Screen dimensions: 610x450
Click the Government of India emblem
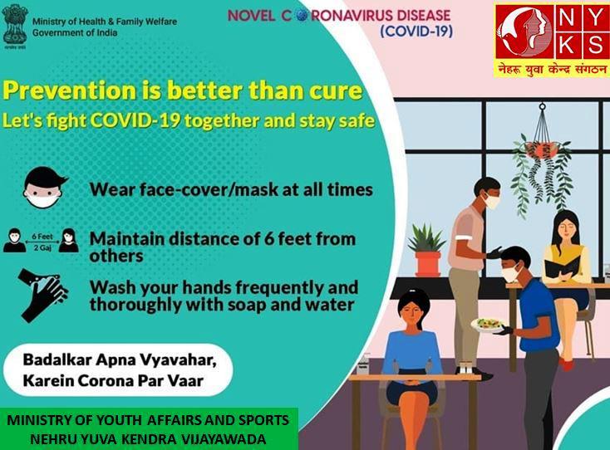click(15, 27)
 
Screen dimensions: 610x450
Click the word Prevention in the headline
click(69, 90)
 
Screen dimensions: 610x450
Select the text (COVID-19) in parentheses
click(416, 31)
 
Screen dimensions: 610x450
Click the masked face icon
click(44, 188)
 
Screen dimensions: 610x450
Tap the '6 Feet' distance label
click(42, 237)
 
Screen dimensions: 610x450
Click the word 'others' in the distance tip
click(116, 256)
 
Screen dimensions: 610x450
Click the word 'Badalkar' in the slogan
click(57, 360)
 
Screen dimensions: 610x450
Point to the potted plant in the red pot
click(427, 249)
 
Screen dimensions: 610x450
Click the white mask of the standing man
click(491, 201)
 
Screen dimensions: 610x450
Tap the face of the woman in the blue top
click(413, 310)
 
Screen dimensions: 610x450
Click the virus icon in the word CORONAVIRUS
click(301, 15)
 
